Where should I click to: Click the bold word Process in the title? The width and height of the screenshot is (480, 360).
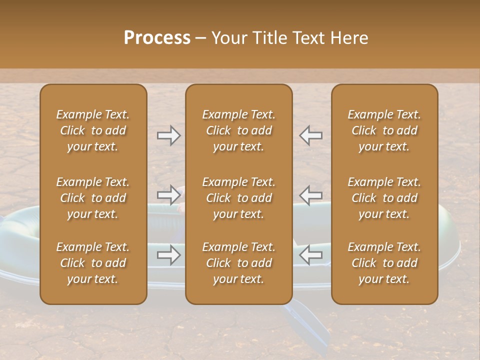(157, 38)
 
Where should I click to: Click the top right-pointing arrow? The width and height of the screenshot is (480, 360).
(169, 135)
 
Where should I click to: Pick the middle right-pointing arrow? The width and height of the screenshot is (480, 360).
(169, 195)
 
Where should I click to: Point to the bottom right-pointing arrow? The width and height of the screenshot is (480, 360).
(169, 255)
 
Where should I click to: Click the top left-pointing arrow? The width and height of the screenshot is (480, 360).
(311, 135)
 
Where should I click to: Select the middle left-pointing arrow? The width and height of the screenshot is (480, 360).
(311, 195)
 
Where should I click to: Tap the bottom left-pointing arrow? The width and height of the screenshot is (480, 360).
(311, 255)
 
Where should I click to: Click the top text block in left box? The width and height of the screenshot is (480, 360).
(93, 130)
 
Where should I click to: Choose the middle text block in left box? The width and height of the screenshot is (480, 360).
(93, 198)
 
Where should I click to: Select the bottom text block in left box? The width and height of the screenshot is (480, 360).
(93, 263)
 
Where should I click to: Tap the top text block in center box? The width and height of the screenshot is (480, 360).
(239, 130)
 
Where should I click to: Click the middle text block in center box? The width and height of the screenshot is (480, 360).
(239, 198)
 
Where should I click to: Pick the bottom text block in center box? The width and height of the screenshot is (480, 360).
(239, 263)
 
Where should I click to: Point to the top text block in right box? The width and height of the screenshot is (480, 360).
(384, 130)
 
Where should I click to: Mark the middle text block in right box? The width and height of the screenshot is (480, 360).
(384, 198)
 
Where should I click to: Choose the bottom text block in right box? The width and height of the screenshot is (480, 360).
(384, 263)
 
